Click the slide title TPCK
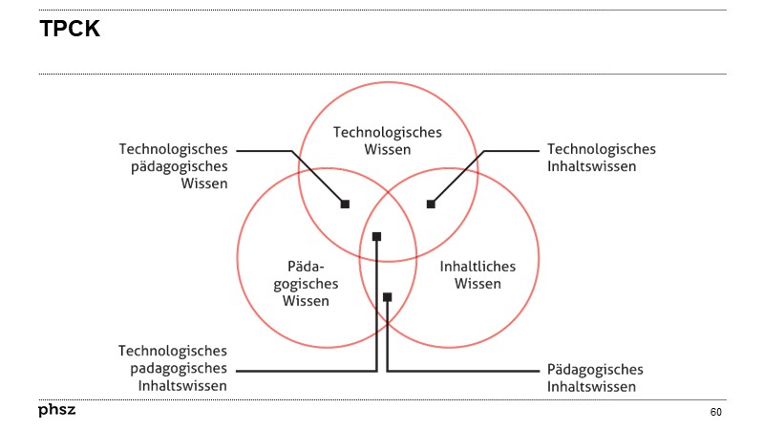[70, 30]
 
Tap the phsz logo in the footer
[56, 411]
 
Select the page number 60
[715, 412]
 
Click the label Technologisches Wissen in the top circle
[387, 140]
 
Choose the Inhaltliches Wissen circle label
[477, 274]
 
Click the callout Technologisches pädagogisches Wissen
[173, 166]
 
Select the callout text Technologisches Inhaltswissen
[601, 158]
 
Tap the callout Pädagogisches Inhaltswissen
[595, 377]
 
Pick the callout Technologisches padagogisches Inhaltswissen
[173, 368]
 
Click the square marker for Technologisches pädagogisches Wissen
[345, 204]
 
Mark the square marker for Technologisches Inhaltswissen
[431, 204]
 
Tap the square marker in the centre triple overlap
[376, 236]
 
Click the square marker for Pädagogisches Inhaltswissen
[387, 297]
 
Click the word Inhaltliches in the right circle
[477, 266]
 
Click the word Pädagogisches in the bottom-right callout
[595, 369]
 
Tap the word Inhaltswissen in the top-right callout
[591, 166]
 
